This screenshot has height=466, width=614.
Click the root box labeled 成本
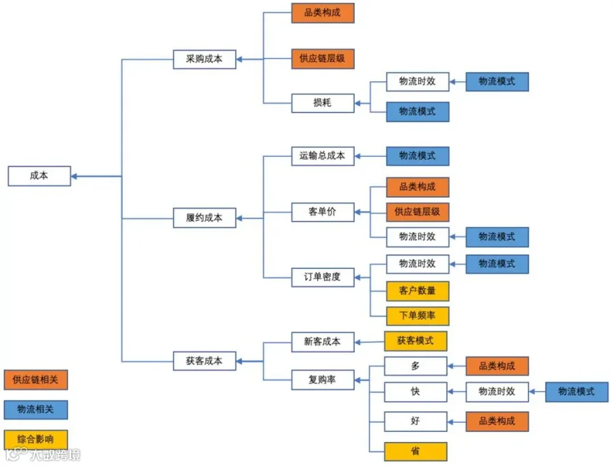pos(39,176)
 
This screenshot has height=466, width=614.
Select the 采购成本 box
pos(205,59)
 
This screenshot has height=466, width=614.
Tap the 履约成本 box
pos(205,218)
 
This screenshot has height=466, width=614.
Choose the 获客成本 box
pos(205,361)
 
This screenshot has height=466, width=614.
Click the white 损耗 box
pos(323,103)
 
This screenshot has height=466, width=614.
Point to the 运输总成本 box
pos(323,156)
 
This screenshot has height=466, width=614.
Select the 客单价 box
pos(323,212)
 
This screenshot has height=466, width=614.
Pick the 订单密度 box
pos(323,277)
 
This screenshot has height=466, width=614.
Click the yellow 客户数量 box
pos(418,291)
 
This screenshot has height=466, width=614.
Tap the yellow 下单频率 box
pos(418,316)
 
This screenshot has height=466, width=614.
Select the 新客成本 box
pos(323,342)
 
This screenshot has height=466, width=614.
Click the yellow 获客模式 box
pos(415,340)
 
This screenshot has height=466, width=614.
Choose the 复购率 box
pos(323,379)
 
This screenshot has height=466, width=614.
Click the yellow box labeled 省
pos(415,452)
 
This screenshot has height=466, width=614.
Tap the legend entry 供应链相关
pos(35,379)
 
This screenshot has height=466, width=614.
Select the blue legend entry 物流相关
pos(35,409)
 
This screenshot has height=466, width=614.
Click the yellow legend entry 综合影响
pos(35,439)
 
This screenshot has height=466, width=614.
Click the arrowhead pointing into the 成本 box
pos(74,176)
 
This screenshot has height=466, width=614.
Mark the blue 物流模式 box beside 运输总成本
pos(418,156)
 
